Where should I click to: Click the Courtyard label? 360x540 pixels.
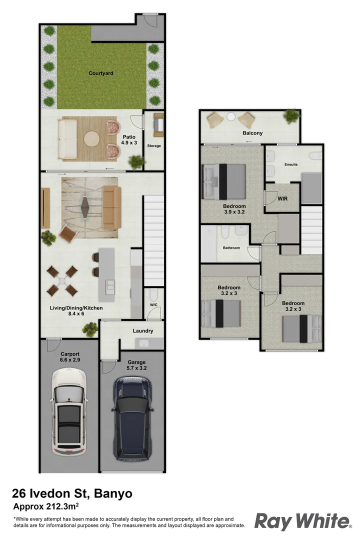101,73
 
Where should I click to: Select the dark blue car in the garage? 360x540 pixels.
133,417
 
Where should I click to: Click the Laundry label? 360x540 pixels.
142,331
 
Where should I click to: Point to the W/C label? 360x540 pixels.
153,305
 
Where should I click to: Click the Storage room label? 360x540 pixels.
154,146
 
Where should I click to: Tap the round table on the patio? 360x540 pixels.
91,138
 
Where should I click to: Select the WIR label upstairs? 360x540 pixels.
282,198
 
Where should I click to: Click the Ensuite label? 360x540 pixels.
291,164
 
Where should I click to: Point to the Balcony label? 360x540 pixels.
252,133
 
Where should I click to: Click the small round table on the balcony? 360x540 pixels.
230,117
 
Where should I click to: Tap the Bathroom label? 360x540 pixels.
231,248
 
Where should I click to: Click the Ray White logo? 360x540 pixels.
302,521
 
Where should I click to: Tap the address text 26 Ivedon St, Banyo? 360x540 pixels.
72,494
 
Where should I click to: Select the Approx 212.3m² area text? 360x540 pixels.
48,506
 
